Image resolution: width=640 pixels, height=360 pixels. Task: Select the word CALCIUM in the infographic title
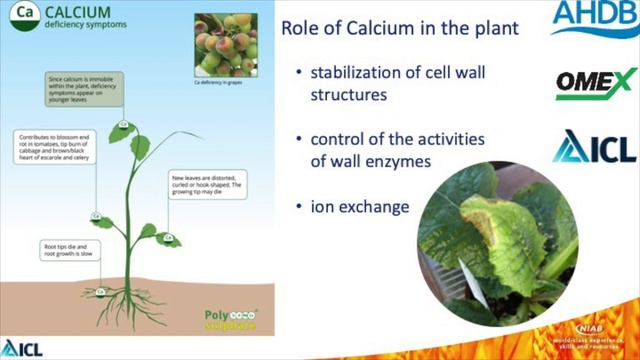click(x=80, y=12)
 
